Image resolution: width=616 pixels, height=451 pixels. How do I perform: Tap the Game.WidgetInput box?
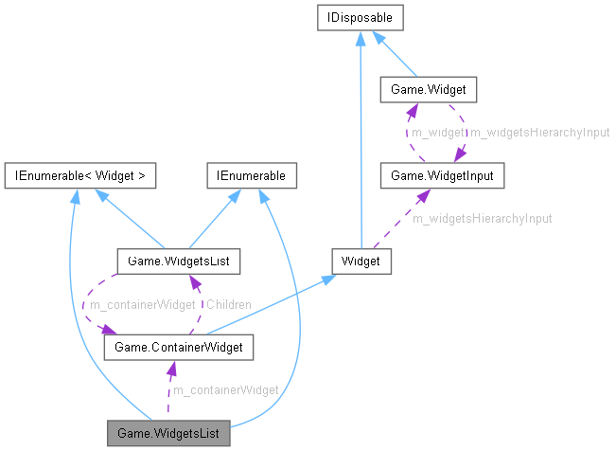tap(434, 175)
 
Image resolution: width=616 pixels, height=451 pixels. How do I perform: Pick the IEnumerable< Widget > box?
tap(79, 175)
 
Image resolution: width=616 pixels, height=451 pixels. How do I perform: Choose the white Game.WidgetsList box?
tap(177, 259)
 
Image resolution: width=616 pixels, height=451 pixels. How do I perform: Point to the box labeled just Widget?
tap(361, 259)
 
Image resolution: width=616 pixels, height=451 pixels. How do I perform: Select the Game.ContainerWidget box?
tap(178, 348)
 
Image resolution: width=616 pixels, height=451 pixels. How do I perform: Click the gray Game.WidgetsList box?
tap(168, 434)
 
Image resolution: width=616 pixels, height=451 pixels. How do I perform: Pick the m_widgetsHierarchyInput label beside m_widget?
tap(540, 133)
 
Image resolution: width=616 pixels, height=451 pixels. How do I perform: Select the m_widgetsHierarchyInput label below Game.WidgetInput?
tap(483, 218)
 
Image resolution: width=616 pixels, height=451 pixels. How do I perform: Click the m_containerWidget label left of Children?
tap(142, 304)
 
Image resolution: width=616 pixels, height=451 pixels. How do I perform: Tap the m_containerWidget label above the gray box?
tap(225, 389)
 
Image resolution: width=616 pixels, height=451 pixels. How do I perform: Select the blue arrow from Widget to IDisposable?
tap(361, 142)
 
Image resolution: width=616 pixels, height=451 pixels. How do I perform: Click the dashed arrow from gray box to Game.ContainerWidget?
tap(168, 393)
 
